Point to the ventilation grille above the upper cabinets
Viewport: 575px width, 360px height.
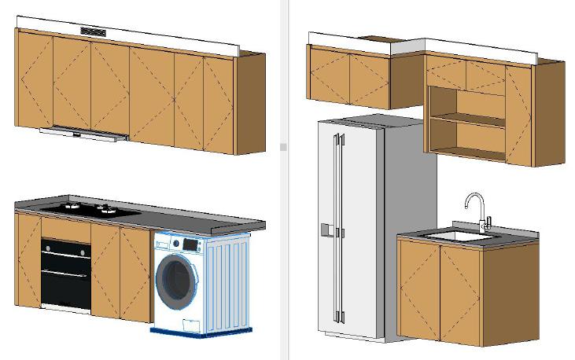(93, 32)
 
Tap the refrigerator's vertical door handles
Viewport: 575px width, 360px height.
(338, 228)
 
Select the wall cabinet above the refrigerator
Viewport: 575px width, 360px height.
(349, 77)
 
